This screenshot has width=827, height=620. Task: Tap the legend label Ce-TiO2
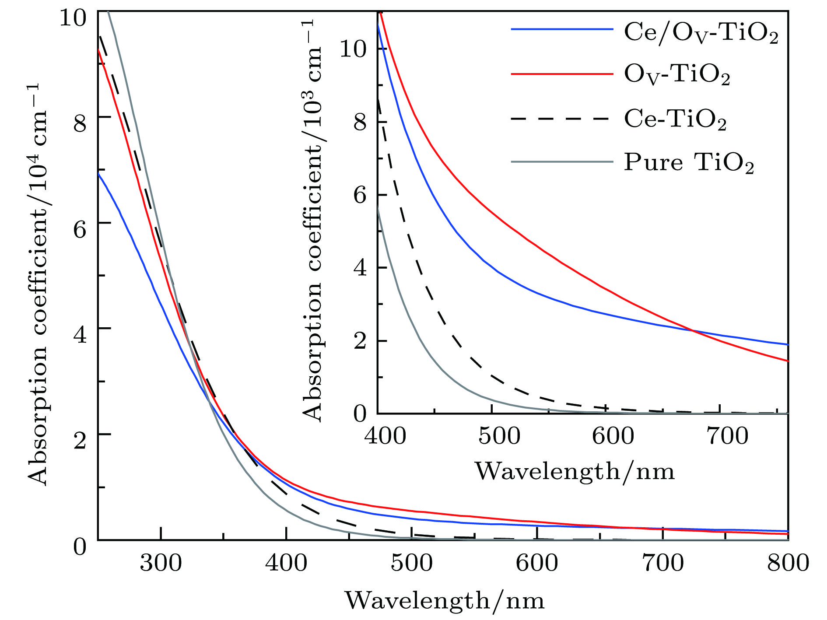pos(675,119)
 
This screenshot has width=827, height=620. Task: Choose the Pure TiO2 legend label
pos(688,162)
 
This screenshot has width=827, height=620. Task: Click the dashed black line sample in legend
pos(561,119)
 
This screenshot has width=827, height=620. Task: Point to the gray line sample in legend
pos(561,162)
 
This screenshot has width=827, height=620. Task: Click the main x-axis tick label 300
pos(161,563)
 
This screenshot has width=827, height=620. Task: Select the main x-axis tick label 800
pos(788,563)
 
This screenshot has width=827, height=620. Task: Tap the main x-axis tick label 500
pos(411,563)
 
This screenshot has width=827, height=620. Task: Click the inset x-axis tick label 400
pos(385,436)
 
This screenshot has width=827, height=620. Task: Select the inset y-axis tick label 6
pos(360,195)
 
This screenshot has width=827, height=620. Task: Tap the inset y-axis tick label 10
pos(353,49)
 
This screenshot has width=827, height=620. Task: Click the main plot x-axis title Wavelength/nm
pos(445,600)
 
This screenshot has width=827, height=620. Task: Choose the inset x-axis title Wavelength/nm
pos(575,472)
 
